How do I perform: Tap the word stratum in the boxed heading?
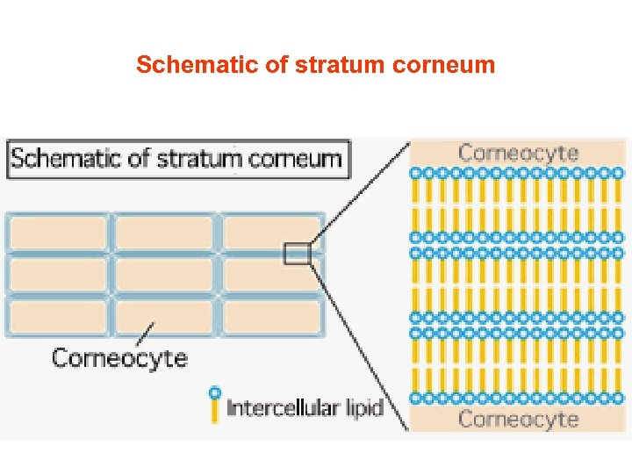(207, 159)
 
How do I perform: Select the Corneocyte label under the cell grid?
(119, 358)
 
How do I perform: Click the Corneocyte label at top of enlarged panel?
(518, 153)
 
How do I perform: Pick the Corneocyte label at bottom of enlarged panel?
(518, 419)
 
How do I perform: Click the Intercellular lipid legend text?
(305, 408)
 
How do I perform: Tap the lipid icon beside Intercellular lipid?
(213, 404)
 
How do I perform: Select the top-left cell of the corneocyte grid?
(58, 233)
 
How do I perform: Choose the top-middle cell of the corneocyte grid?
(164, 233)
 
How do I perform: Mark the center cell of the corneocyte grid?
(164, 275)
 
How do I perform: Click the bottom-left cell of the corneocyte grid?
(58, 317)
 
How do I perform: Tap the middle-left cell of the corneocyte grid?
(58, 275)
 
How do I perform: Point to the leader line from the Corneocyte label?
(146, 334)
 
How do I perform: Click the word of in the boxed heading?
(140, 159)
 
